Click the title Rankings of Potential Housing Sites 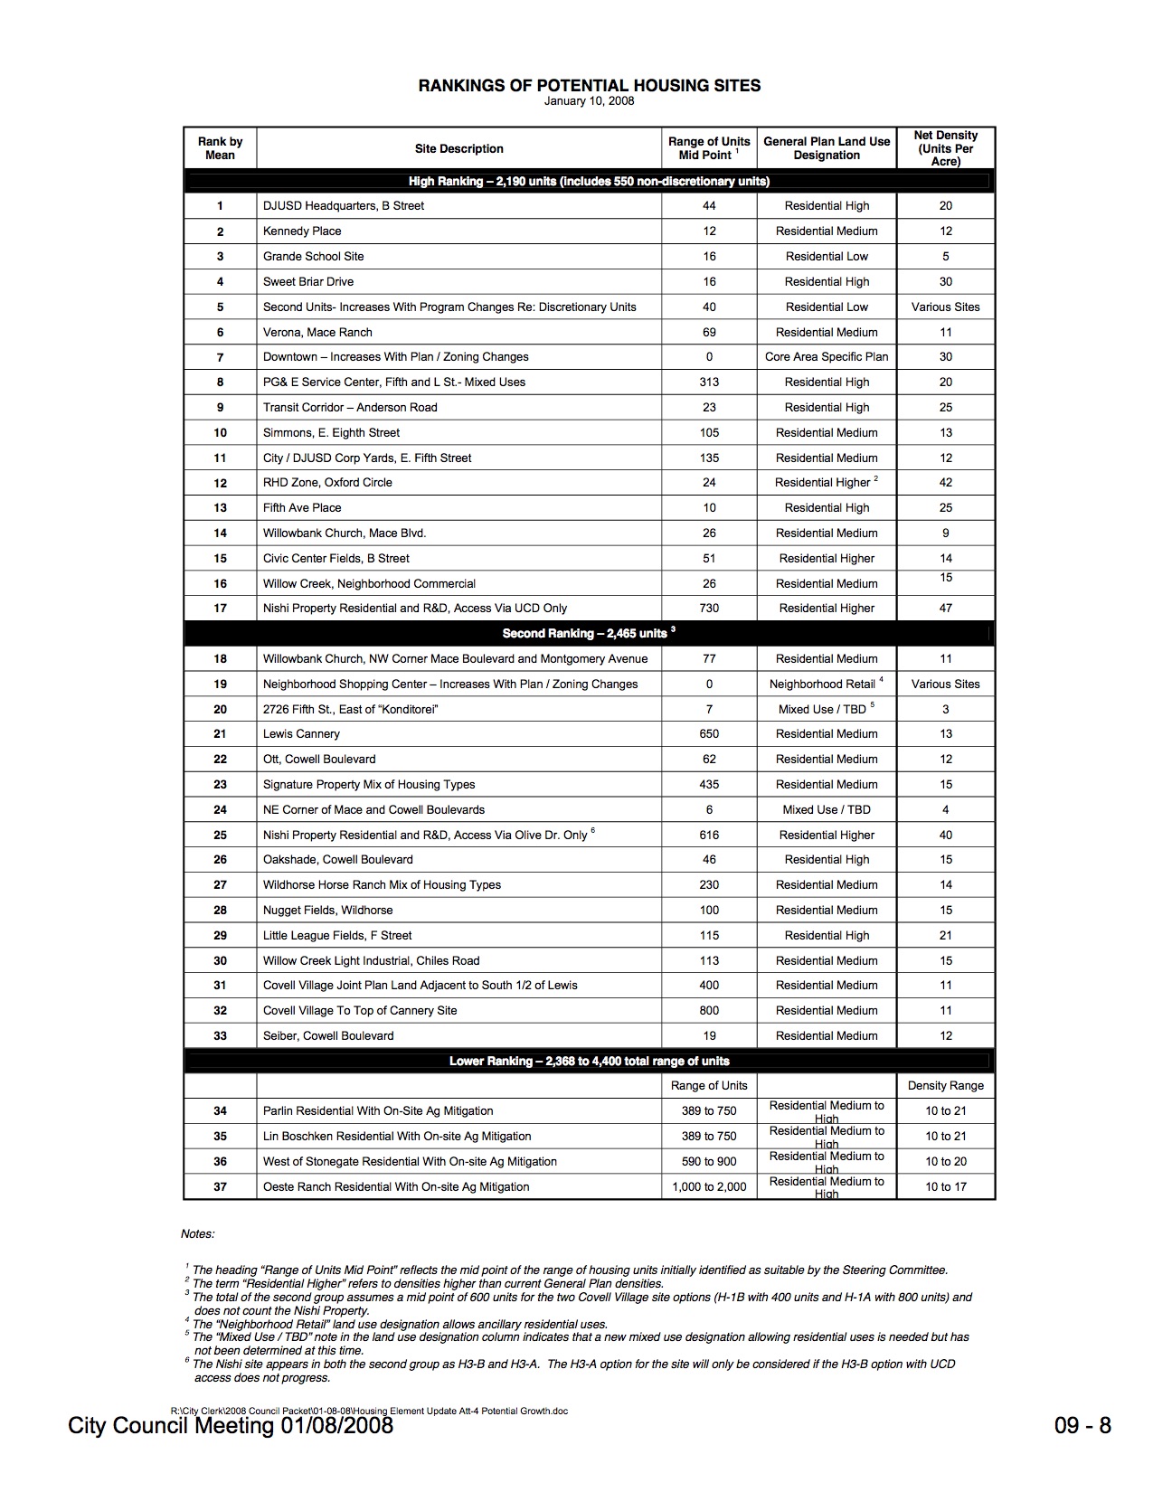point(589,86)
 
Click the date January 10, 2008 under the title point(589,101)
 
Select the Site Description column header point(458,149)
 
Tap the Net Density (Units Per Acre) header point(945,148)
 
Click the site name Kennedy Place point(302,231)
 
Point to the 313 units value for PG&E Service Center point(709,382)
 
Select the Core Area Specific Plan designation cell point(827,357)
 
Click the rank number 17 point(220,609)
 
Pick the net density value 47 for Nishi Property point(945,609)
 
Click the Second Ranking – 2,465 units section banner point(589,633)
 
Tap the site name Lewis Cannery point(301,734)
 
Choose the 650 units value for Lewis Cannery point(709,734)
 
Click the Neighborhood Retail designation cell point(823,685)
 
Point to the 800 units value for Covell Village point(709,1011)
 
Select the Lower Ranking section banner point(589,1061)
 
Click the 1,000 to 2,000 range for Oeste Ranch point(709,1187)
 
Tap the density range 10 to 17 point(945,1187)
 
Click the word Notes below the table point(198,1234)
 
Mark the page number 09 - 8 point(1082,1427)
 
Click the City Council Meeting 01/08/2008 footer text point(231,1427)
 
